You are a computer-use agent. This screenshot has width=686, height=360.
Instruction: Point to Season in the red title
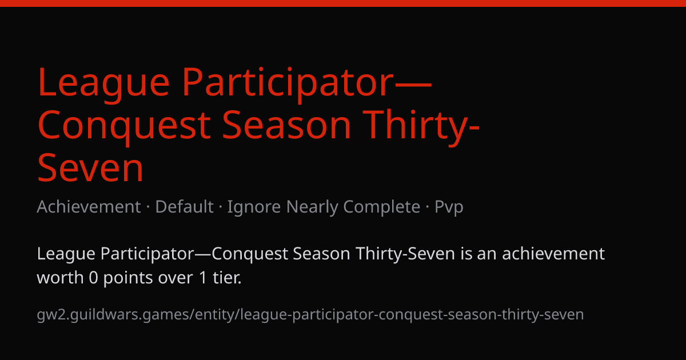click(x=286, y=125)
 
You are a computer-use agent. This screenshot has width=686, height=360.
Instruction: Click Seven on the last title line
click(x=90, y=168)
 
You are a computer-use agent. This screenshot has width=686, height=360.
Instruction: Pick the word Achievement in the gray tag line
click(x=89, y=207)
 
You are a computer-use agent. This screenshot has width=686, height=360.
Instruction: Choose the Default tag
click(x=184, y=207)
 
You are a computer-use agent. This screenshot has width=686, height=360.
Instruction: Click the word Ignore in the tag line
click(x=254, y=207)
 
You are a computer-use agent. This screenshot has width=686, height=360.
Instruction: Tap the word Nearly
click(x=312, y=207)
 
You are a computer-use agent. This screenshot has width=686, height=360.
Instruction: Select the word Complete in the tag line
click(x=382, y=207)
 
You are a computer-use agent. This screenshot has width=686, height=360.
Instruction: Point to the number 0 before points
click(x=93, y=278)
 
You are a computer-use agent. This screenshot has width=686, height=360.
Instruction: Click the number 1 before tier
click(x=203, y=278)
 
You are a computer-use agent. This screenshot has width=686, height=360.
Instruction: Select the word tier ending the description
click(x=228, y=277)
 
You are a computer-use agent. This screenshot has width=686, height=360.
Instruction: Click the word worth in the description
click(x=61, y=277)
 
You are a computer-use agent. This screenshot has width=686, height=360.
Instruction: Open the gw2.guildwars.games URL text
click(x=310, y=315)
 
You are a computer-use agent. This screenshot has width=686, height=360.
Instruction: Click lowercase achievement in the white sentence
click(x=553, y=254)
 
